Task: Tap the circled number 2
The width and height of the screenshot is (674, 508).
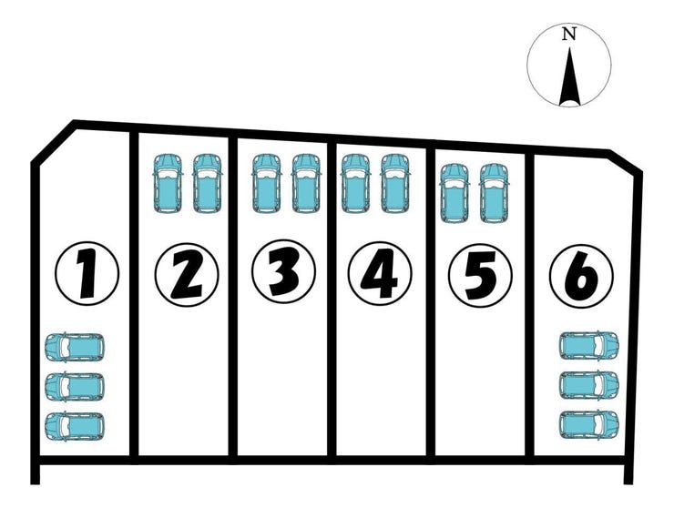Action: (x=186, y=272)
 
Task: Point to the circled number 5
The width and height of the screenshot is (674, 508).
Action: (x=479, y=272)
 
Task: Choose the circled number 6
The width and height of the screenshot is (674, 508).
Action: (x=580, y=272)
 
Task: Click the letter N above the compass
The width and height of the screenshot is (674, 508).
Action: (x=569, y=34)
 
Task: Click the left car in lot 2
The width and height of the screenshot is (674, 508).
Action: (x=167, y=183)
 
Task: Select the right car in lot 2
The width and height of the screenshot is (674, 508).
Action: (x=207, y=183)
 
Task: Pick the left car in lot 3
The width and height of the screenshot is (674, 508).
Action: (x=265, y=183)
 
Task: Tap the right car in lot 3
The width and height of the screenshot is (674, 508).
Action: (x=307, y=183)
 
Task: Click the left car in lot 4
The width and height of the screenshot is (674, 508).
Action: (x=354, y=183)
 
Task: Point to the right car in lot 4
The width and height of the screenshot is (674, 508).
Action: (x=394, y=183)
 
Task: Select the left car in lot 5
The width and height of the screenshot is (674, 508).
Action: (x=454, y=192)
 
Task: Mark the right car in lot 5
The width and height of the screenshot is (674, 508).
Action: (x=493, y=192)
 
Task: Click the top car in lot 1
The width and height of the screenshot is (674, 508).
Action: (x=75, y=347)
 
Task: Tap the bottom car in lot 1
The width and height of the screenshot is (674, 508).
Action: (x=75, y=425)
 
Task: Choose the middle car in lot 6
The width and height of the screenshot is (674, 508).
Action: (x=589, y=385)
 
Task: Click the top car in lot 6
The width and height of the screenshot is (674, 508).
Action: (x=589, y=346)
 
